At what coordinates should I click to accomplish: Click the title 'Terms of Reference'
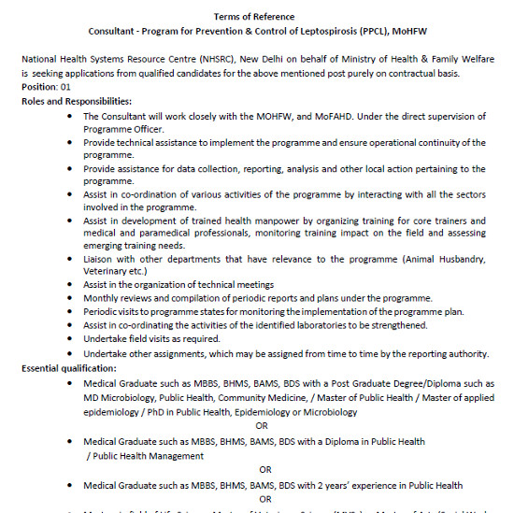pyautogui.click(x=253, y=17)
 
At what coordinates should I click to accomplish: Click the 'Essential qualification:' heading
pyautogui.click(x=69, y=369)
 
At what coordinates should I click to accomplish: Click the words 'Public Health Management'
pyautogui.click(x=145, y=456)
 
